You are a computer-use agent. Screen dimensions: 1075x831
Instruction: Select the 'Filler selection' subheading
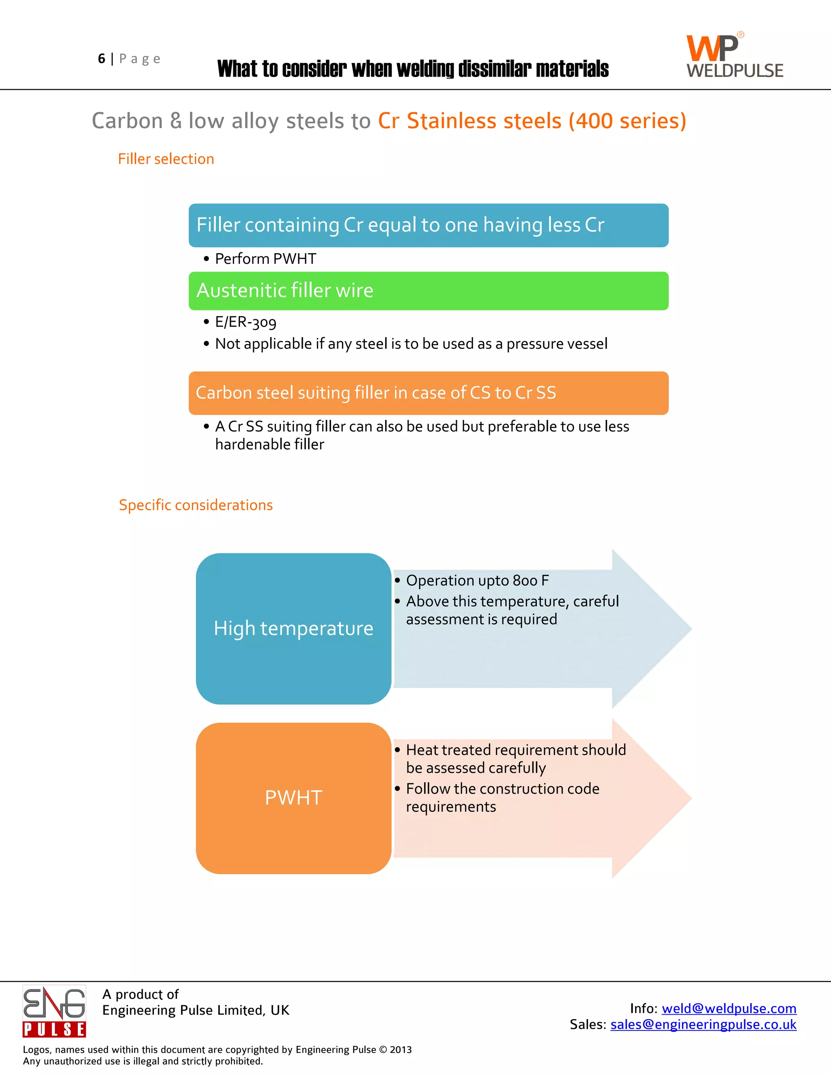click(166, 159)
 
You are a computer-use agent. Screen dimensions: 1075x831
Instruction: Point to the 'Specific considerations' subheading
click(196, 505)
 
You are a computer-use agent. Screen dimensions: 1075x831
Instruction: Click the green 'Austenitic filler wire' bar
click(428, 291)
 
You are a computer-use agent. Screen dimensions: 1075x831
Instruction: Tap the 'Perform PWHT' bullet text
click(265, 259)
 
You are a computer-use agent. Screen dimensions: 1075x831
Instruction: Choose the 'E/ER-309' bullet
click(245, 322)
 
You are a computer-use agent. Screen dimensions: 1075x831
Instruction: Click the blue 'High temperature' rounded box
click(293, 628)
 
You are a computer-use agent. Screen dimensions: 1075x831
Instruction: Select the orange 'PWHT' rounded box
click(293, 798)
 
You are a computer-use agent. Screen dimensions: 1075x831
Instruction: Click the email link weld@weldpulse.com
click(729, 1008)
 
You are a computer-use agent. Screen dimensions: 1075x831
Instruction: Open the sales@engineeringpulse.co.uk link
click(703, 1024)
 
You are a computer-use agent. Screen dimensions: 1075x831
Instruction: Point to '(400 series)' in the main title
click(627, 121)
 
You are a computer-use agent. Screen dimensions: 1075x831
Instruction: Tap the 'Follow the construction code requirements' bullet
click(502, 798)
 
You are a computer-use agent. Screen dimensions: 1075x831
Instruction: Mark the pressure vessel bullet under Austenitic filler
click(411, 344)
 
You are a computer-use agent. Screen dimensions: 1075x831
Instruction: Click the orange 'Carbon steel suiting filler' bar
click(428, 393)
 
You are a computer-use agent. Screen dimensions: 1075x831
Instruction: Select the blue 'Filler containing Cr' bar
click(428, 226)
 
